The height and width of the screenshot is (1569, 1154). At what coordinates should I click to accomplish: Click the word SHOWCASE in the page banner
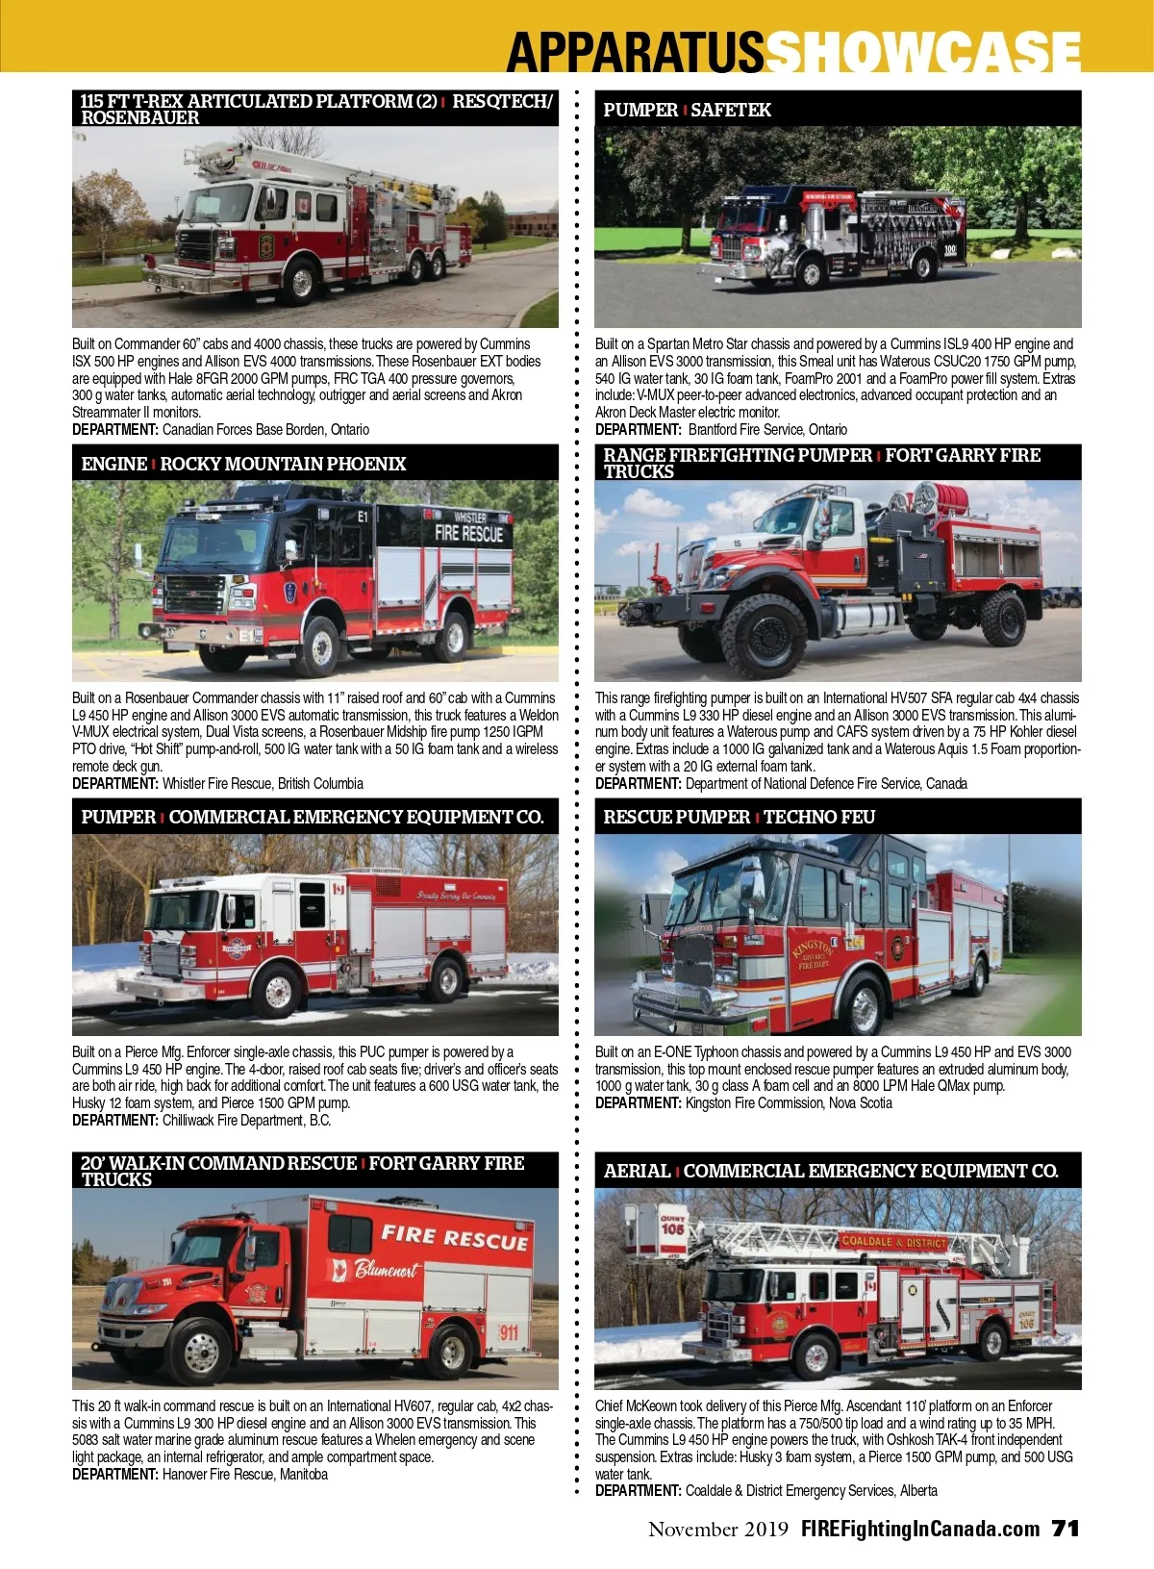[x=923, y=51]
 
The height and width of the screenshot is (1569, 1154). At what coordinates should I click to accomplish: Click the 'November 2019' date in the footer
[x=718, y=1529]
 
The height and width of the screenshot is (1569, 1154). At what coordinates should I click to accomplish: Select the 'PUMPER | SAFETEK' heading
[x=687, y=110]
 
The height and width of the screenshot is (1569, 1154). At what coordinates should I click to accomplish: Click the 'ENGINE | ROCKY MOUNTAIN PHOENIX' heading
[x=243, y=464]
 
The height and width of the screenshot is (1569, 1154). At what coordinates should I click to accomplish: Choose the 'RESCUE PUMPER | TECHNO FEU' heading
[x=740, y=817]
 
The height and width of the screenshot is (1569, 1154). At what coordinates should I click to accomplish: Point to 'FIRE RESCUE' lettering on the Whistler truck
[x=468, y=534]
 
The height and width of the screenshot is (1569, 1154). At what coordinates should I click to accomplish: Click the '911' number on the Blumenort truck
[x=509, y=1331]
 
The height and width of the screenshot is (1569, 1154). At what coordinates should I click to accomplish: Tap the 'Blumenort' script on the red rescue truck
[x=386, y=1269]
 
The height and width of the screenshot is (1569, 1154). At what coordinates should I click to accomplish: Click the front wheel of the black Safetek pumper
[x=810, y=272]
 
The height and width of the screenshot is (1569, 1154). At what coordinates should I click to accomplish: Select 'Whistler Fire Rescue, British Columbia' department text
[x=263, y=783]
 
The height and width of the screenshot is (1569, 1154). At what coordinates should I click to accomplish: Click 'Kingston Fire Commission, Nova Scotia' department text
[x=789, y=1102]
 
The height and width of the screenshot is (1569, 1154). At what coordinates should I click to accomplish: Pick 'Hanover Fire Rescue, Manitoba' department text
[x=245, y=1474]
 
